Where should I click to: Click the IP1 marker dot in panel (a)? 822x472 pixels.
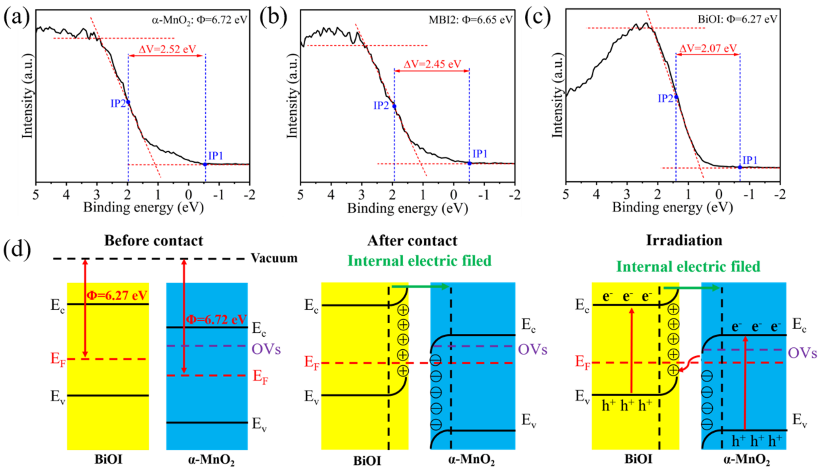(205, 164)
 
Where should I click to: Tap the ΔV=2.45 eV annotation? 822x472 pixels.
(432, 64)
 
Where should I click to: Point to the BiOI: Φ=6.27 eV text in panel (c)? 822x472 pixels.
(737, 19)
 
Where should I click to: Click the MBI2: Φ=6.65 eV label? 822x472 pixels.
(470, 20)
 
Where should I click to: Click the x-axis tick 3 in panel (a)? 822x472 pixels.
(97, 195)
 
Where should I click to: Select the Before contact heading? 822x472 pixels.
(153, 241)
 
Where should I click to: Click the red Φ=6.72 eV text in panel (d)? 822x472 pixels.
(216, 319)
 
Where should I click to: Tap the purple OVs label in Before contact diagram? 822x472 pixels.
(266, 349)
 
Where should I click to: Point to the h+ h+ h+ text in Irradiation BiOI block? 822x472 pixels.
(627, 406)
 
